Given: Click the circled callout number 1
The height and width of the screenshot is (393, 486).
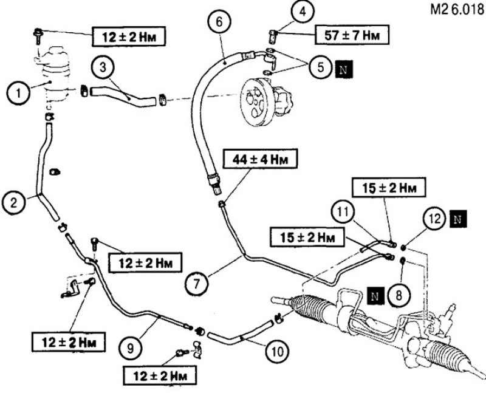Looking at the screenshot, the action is point(19,93).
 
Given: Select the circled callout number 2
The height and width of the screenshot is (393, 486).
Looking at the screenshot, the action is point(14,203).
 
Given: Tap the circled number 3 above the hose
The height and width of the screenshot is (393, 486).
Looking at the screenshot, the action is point(103,68).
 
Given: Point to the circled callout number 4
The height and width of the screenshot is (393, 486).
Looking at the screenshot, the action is point(303,12).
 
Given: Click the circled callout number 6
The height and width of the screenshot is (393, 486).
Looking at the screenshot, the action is point(219,23).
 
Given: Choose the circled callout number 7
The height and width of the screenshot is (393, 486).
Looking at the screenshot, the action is point(197,284).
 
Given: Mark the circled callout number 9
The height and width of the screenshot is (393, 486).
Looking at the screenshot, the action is point(130,349).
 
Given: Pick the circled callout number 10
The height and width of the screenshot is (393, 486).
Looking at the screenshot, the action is point(277,352).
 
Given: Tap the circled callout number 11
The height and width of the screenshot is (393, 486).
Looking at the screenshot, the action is point(343,213).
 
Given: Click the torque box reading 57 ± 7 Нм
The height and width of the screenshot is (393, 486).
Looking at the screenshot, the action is point(352,35).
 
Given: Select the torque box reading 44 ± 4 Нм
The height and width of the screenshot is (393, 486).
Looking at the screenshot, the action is point(261,160).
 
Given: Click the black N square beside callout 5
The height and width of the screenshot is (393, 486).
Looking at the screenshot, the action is point(344,69).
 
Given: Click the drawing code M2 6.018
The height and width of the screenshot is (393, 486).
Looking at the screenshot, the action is point(457,10).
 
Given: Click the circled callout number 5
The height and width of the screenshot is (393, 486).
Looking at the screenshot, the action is point(321,67).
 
